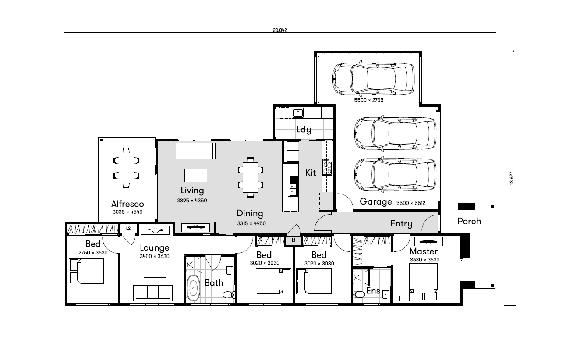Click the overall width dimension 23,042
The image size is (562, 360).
280,30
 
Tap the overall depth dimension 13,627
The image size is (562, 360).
512,178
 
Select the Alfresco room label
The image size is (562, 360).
127,204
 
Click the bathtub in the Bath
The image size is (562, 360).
193,288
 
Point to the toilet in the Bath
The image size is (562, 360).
229,294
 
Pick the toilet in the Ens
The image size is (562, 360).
359,294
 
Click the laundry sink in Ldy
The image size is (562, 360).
298,113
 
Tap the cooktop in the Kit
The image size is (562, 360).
327,167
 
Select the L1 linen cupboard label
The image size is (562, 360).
293,240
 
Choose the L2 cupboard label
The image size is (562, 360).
128,228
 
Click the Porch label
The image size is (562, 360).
469,221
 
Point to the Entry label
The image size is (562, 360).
401,223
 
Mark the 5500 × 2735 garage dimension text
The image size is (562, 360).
368,100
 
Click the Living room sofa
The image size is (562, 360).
195,151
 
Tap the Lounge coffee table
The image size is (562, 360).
155,271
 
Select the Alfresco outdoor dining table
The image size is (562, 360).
126,168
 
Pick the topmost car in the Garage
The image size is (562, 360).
373,78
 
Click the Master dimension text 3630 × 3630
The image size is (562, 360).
424,260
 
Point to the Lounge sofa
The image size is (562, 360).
153,293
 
